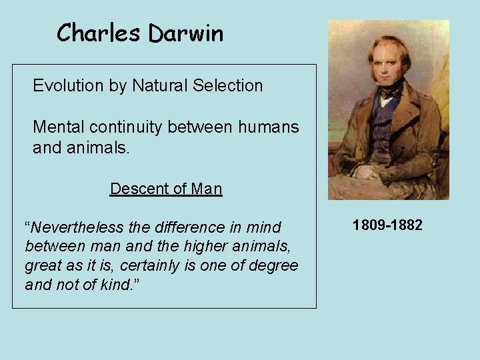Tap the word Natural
[x=159, y=86]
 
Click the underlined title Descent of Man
[x=166, y=189]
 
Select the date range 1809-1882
[x=387, y=225]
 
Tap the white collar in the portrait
[x=388, y=93]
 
